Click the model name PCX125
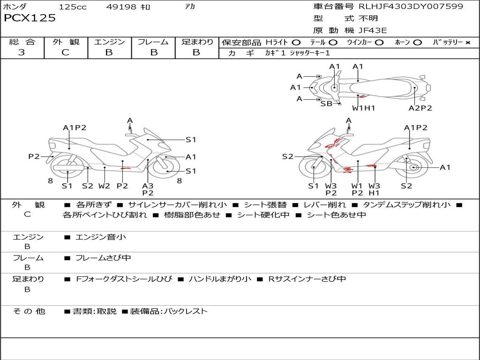[x=30, y=18]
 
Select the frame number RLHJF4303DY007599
[x=411, y=7]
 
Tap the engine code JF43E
[x=373, y=30]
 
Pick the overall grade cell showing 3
[x=22, y=52]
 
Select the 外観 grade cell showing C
[x=65, y=52]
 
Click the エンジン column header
[x=109, y=42]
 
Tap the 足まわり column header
[x=197, y=42]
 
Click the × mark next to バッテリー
[x=467, y=43]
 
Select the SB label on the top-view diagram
[x=326, y=104]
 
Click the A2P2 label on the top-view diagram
[x=420, y=108]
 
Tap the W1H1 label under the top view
[x=364, y=108]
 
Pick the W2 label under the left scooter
[x=104, y=186]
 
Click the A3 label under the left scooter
[x=148, y=186]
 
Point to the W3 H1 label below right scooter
[x=374, y=189]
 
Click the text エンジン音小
[x=101, y=237]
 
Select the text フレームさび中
[x=103, y=258]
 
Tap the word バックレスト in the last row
[x=185, y=311]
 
